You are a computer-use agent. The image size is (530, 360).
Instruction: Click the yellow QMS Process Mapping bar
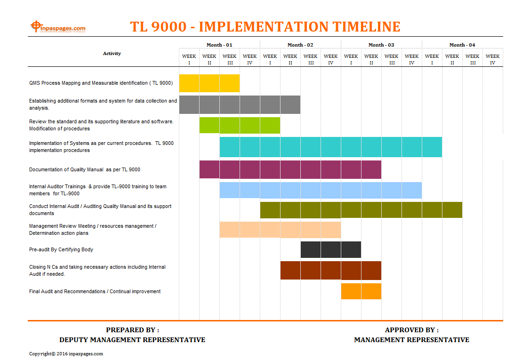pyautogui.click(x=209, y=83)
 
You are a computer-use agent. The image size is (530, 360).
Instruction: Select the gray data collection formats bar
pyautogui.click(x=240, y=104)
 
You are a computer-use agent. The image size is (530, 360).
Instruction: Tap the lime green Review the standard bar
pyautogui.click(x=240, y=125)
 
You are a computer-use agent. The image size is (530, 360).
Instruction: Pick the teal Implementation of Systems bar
pyautogui.click(x=330, y=147)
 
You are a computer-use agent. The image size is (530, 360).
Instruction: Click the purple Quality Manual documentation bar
pyautogui.click(x=290, y=169)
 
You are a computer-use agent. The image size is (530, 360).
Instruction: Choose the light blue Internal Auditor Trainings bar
pyautogui.click(x=321, y=190)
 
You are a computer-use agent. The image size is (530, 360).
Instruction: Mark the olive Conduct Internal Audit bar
pyautogui.click(x=361, y=209)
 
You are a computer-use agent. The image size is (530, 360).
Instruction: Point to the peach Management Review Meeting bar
pyautogui.click(x=280, y=230)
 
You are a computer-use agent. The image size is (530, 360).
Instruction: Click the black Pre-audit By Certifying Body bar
pyautogui.click(x=331, y=249)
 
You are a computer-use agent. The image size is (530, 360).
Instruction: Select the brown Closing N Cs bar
pyautogui.click(x=331, y=270)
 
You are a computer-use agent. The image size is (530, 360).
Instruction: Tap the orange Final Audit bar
pyautogui.click(x=361, y=291)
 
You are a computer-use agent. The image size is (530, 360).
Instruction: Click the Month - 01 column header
pyautogui.click(x=219, y=45)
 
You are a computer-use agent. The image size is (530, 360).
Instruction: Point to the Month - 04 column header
pyautogui.click(x=462, y=45)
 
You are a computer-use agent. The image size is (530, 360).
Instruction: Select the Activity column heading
pyautogui.click(x=112, y=53)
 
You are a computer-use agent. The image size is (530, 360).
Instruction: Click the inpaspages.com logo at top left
pyautogui.click(x=58, y=27)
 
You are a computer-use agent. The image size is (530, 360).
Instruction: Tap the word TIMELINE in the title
pyautogui.click(x=366, y=27)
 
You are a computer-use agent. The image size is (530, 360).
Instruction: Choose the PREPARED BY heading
pyautogui.click(x=133, y=330)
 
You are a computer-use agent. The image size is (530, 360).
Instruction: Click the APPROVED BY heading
pyautogui.click(x=412, y=330)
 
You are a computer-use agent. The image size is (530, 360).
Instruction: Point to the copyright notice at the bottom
pyautogui.click(x=66, y=353)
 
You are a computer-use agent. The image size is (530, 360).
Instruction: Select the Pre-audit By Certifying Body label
pyautogui.click(x=61, y=249)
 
